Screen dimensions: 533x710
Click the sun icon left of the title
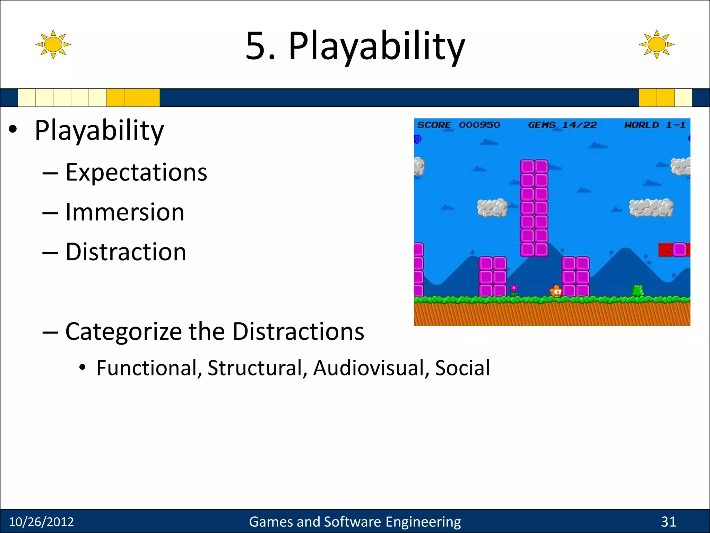[53, 44]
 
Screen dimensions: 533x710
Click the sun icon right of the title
[656, 44]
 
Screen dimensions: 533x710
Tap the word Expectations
[136, 172]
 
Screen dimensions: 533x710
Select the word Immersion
[125, 212]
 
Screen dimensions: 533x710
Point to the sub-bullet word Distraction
[126, 252]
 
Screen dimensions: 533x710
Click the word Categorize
[123, 332]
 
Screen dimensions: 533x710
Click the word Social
[462, 368]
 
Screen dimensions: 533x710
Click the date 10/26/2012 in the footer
[41, 522]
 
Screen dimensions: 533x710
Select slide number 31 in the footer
[668, 522]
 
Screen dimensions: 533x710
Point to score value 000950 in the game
[479, 125]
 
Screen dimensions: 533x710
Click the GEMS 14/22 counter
[562, 125]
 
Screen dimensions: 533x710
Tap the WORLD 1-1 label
[655, 125]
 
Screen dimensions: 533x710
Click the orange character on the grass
[556, 291]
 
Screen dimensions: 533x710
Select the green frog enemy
[637, 290]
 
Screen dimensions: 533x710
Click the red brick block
[665, 250]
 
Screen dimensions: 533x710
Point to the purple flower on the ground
[514, 289]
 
